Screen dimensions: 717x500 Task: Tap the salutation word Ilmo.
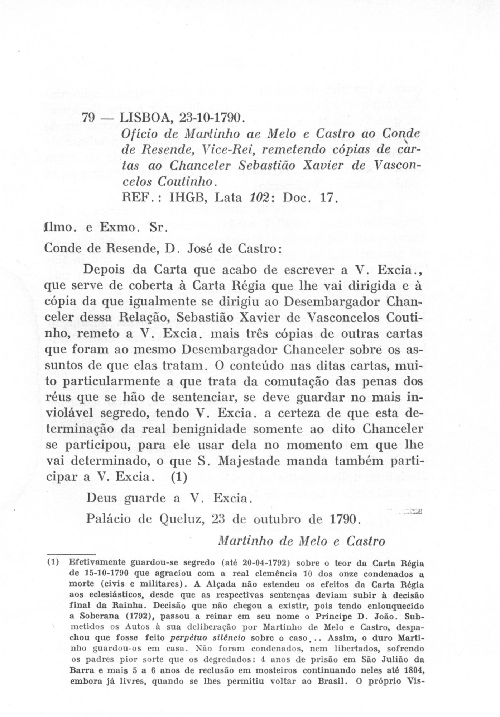pos(57,227)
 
